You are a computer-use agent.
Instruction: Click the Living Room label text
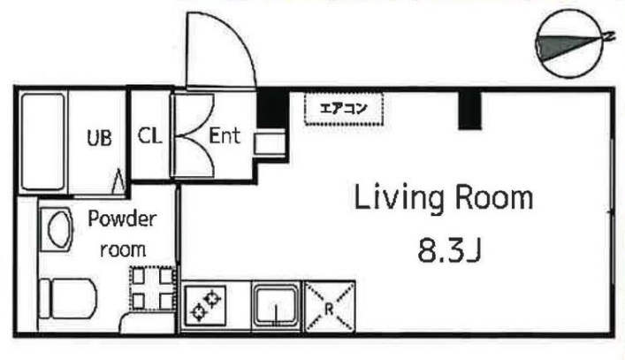pyautogui.click(x=444, y=198)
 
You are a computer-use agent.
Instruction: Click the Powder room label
pyautogui.click(x=121, y=234)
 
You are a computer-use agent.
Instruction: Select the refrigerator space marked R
pyautogui.click(x=330, y=306)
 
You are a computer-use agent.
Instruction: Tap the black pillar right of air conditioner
pyautogui.click(x=469, y=108)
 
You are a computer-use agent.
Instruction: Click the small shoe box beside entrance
pyautogui.click(x=269, y=143)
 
